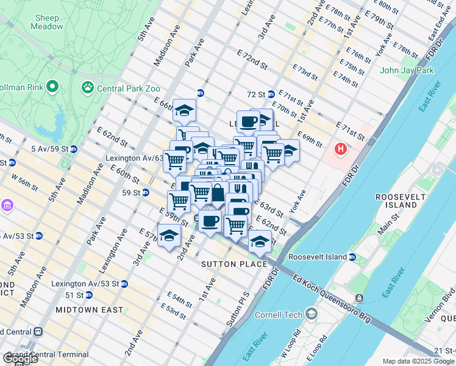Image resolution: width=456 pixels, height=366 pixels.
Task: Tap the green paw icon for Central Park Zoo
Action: [88, 87]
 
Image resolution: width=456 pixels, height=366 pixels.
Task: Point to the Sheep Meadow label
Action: [48, 23]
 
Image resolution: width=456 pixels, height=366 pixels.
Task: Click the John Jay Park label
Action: [407, 70]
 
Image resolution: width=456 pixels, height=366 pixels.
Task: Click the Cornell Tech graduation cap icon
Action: [312, 314]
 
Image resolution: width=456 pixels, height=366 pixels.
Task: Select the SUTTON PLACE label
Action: [235, 264]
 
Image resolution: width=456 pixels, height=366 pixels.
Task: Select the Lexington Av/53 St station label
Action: [84, 284]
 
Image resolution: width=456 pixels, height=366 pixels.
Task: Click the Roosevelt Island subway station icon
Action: [352, 257]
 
